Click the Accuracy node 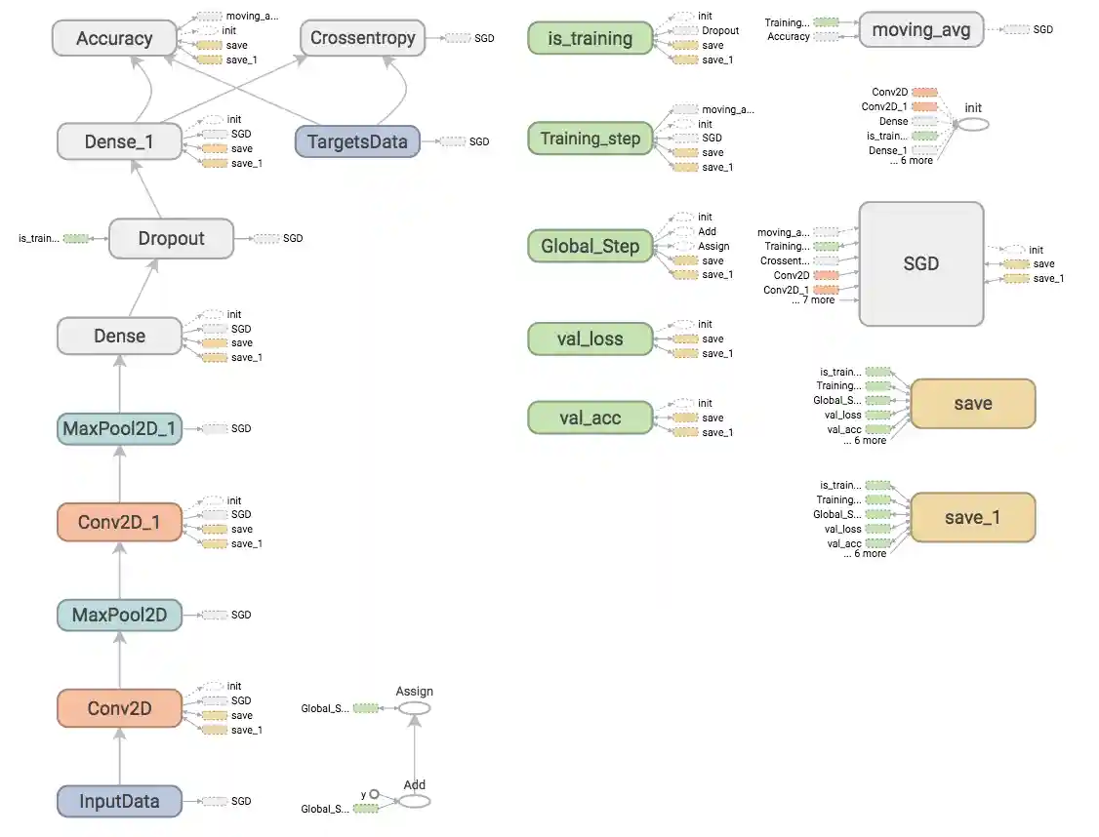114,39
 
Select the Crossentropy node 362,39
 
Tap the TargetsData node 357,141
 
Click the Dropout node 171,239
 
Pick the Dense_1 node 119,141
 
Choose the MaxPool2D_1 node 119,428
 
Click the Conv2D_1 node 119,522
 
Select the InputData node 119,801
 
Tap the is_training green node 590,39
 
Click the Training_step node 590,139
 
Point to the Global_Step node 590,246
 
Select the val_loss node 590,339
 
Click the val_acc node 590,418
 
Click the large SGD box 920,264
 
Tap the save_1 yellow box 972,518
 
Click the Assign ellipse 414,707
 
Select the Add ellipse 414,801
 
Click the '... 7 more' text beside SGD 813,300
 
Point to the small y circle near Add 373,794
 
